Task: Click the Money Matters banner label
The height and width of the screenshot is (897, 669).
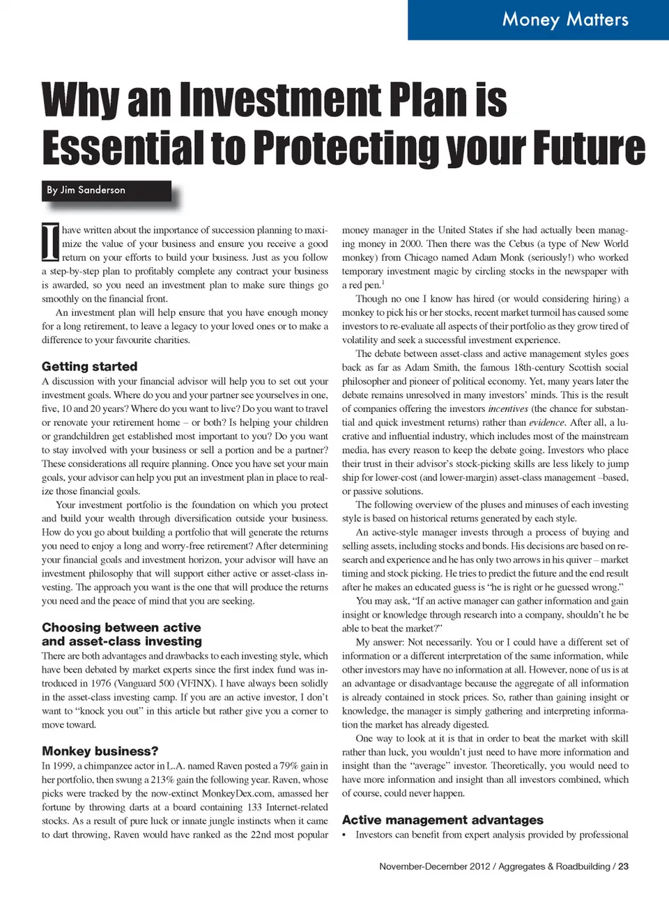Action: click(565, 19)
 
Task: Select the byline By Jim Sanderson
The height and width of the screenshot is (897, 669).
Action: click(86, 190)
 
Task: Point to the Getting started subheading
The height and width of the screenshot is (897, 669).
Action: click(89, 366)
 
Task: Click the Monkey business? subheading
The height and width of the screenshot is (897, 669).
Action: click(100, 751)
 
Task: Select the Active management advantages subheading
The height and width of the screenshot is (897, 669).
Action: click(443, 820)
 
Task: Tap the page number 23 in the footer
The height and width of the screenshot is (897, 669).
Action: click(623, 866)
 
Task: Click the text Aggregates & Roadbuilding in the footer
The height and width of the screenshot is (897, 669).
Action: click(554, 866)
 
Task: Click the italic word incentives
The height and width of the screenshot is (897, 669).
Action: click(507, 408)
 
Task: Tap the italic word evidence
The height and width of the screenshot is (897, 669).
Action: click(547, 422)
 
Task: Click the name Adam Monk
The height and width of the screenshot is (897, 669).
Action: click(498, 257)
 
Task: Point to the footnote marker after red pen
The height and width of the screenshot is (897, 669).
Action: click(383, 282)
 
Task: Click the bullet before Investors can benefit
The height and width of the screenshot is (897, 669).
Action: click(344, 835)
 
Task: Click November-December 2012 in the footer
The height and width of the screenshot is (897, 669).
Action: click(434, 866)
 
